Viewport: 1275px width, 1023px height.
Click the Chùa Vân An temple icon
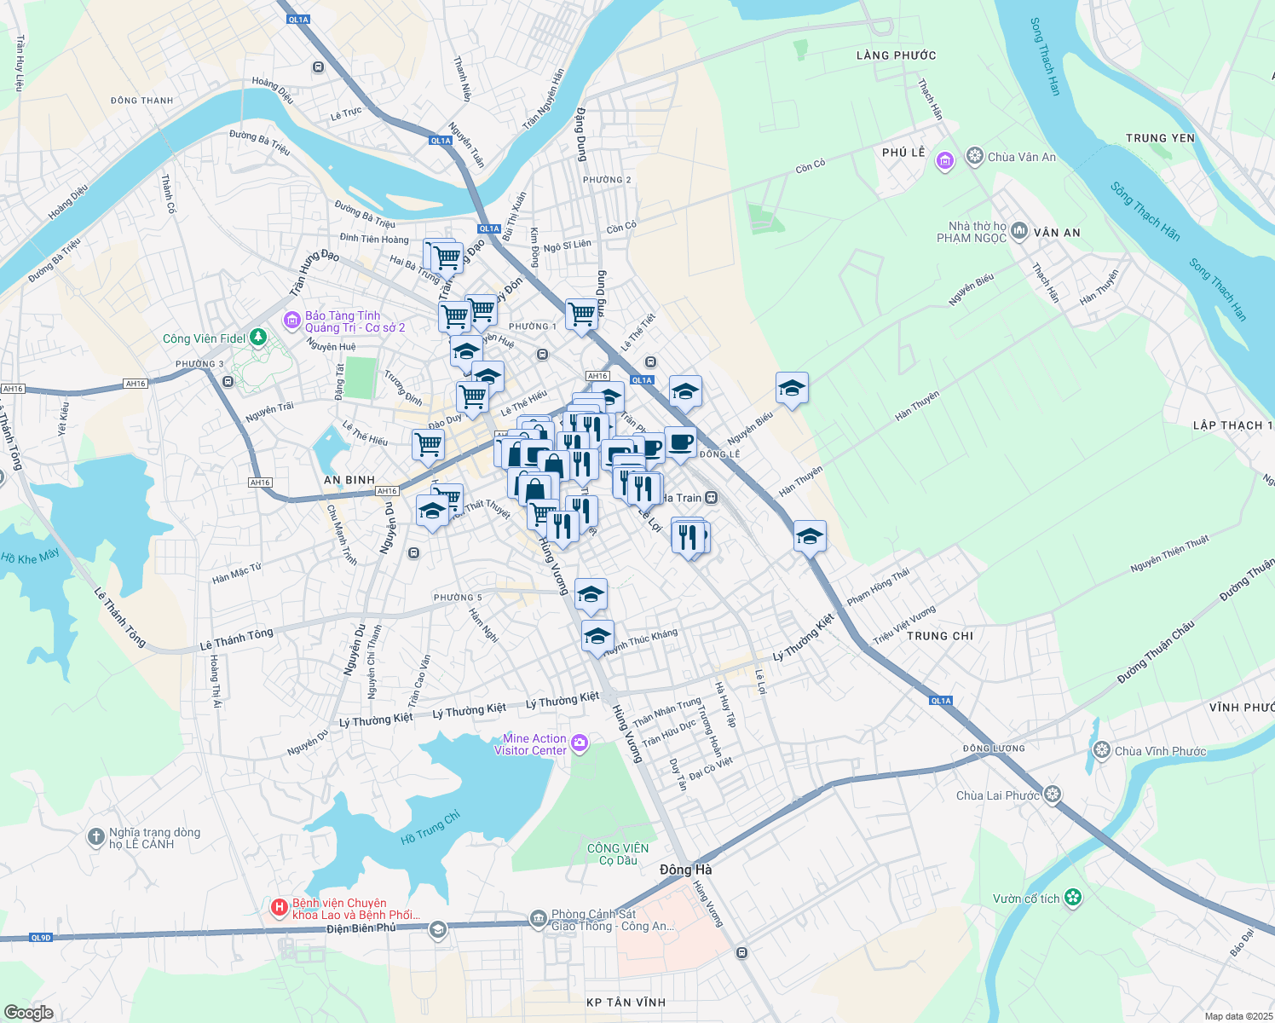(975, 157)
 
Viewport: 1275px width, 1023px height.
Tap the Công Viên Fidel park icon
(258, 338)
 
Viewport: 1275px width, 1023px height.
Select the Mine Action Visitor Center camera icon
(580, 744)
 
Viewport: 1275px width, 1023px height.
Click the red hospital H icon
(279, 909)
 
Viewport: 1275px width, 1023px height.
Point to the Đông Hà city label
(685, 870)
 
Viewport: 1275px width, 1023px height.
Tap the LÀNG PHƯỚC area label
(896, 55)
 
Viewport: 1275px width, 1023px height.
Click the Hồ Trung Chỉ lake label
(430, 828)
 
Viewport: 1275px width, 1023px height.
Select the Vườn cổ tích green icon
(1073, 898)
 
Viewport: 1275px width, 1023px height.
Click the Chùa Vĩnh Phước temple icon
(1102, 750)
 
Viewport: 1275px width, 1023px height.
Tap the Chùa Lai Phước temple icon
(1053, 795)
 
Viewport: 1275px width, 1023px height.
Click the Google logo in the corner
(29, 1012)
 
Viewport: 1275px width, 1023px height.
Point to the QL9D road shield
(41, 938)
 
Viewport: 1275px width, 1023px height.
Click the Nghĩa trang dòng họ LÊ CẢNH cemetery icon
(96, 837)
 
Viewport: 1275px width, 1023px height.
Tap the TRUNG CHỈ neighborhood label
(940, 636)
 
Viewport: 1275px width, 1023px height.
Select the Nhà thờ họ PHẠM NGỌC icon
(1018, 233)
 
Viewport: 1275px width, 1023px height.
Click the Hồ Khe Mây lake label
(30, 557)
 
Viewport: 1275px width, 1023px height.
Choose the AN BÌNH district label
(349, 480)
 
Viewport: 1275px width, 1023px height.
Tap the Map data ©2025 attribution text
(1237, 1015)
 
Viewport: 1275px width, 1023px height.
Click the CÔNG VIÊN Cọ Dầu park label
(618, 854)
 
